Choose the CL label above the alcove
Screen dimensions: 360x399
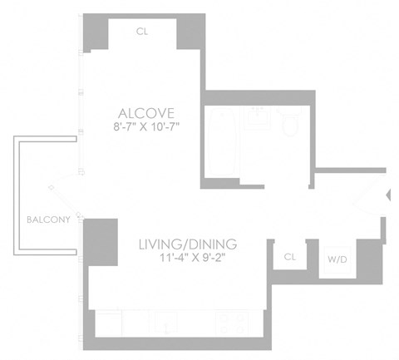pos(143,32)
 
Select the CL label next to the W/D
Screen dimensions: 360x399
pos(289,257)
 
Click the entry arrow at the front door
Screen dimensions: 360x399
pos(390,195)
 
